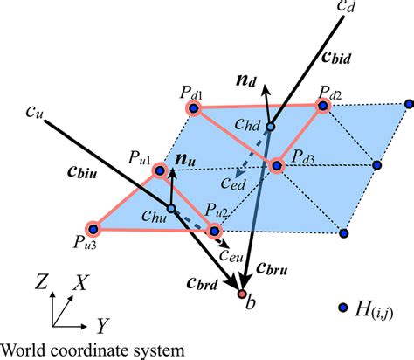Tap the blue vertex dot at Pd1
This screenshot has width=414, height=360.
(x=193, y=107)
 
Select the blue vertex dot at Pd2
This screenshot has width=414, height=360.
(x=323, y=106)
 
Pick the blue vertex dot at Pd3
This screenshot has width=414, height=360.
(x=279, y=164)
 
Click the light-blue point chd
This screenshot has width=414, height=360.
(x=271, y=128)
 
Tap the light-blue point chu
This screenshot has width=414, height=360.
(x=171, y=208)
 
